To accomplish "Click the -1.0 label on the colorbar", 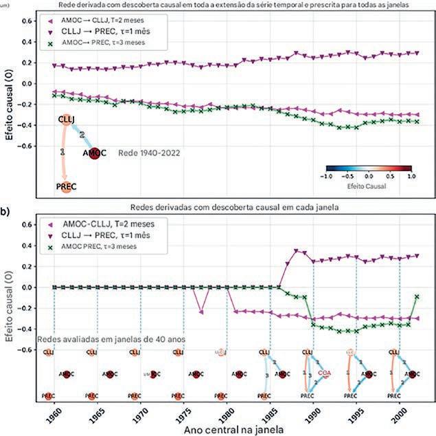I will pyautogui.click(x=325, y=177).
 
